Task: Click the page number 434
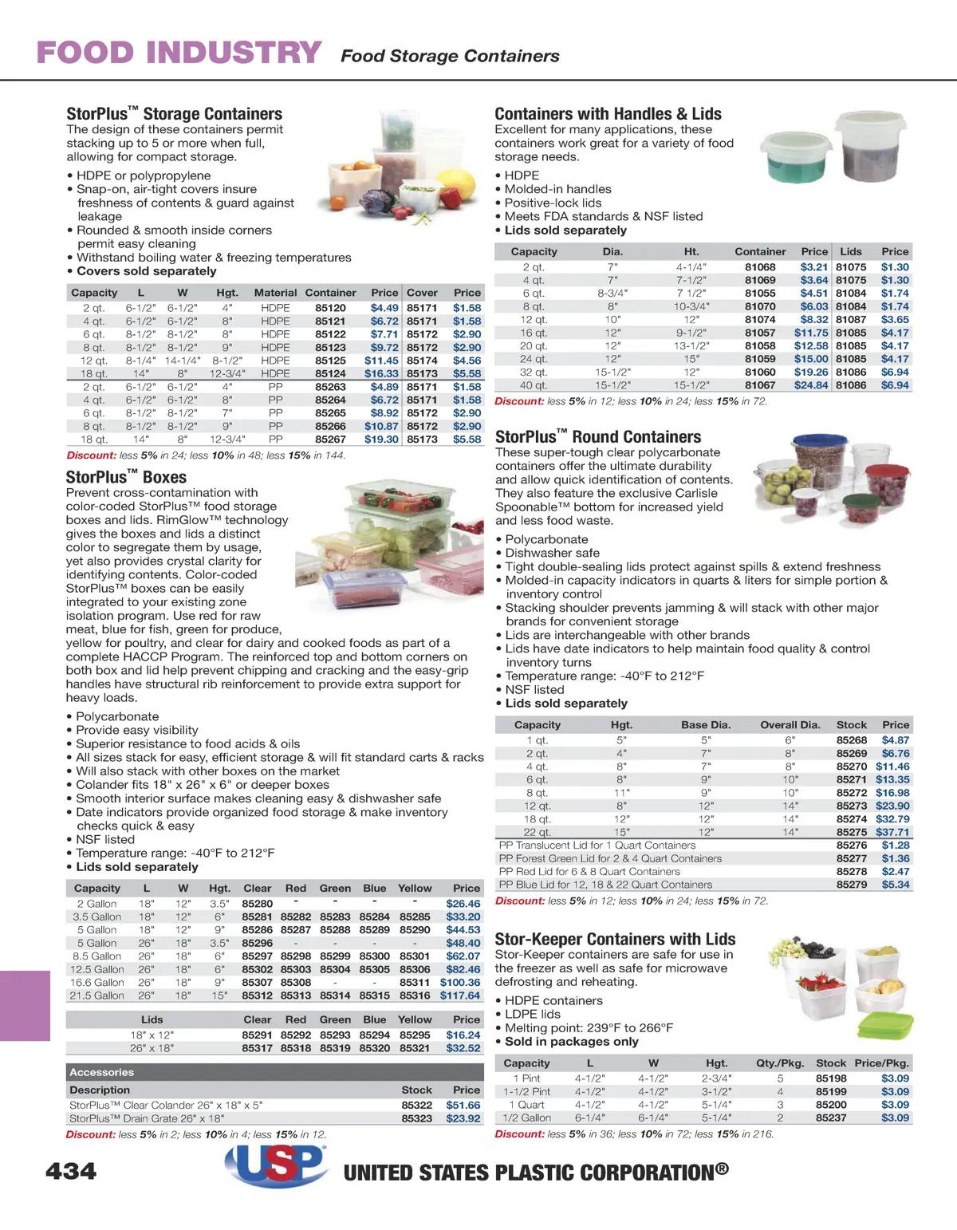pos(71,1171)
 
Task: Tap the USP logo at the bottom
pos(276,1168)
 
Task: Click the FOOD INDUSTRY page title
pos(179,53)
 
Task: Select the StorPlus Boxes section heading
pos(126,477)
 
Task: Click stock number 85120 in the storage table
pos(330,308)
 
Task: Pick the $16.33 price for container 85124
pos(381,373)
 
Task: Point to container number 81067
pos(760,385)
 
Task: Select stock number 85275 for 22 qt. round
pos(851,832)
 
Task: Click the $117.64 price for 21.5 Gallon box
pos(460,995)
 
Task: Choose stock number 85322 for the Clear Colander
pos(416,1105)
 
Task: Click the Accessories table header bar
pos(274,1072)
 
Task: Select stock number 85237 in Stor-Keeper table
pos(831,1118)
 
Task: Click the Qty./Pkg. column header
pos(779,1063)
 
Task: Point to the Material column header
pos(275,293)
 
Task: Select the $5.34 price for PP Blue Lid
pos(895,885)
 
